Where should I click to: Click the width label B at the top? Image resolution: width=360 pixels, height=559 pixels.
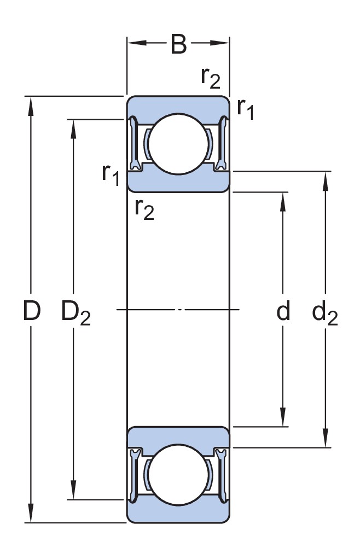178,44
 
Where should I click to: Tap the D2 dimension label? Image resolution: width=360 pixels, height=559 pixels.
76,313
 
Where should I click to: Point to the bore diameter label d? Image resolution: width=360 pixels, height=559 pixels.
283,310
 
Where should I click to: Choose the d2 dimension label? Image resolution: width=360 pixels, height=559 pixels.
325,313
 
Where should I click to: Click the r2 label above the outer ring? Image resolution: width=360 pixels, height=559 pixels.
211,77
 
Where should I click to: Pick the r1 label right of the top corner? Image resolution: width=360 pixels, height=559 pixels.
246,108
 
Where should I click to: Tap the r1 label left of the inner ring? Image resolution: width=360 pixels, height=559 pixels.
111,174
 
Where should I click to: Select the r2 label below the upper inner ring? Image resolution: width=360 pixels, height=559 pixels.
144,209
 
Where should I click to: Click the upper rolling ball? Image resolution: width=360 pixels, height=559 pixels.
178,144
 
